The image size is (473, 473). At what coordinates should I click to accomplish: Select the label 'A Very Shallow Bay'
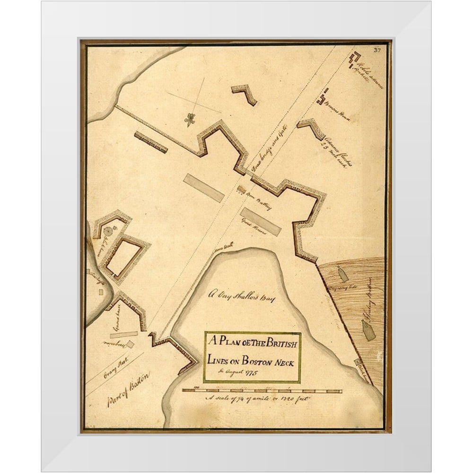point(241,297)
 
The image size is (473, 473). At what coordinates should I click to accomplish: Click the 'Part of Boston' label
point(127,389)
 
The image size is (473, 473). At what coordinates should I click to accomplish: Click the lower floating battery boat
point(368,330)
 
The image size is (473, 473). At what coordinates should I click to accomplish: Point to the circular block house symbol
point(108,231)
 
